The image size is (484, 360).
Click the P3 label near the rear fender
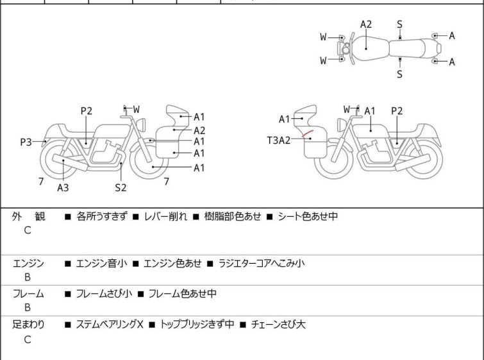(26, 142)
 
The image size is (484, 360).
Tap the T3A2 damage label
(279, 140)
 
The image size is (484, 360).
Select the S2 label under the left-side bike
(121, 187)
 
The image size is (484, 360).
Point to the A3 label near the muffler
(63, 187)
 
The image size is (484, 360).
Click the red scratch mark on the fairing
(308, 135)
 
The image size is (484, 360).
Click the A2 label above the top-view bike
(365, 24)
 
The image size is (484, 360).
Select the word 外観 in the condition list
(28, 217)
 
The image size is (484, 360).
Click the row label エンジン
(28, 263)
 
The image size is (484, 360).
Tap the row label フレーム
(28, 294)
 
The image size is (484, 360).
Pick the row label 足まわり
(28, 325)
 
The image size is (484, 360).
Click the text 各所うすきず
(102, 217)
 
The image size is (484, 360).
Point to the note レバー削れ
(164, 217)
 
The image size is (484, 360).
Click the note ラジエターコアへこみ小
(262, 263)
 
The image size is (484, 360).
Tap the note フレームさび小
(104, 294)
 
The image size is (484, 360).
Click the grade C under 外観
(28, 230)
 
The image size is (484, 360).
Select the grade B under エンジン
(28, 277)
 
